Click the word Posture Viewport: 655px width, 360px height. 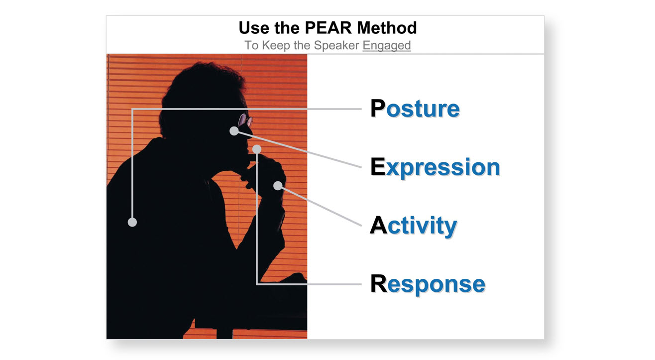click(x=415, y=109)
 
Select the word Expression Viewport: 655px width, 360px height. click(x=435, y=167)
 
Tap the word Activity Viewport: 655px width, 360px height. click(x=413, y=226)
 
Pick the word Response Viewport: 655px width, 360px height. click(x=428, y=284)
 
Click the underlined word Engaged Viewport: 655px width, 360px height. click(x=386, y=45)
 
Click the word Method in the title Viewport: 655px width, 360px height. click(x=387, y=27)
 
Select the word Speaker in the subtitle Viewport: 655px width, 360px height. click(x=336, y=45)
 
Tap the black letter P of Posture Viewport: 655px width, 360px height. click(x=378, y=109)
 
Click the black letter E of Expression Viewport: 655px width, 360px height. click(x=378, y=167)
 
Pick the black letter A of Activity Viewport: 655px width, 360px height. click(x=378, y=226)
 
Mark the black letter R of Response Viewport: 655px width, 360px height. click(x=379, y=284)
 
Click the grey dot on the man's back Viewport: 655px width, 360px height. click(x=132, y=222)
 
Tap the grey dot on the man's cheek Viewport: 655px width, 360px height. click(x=234, y=131)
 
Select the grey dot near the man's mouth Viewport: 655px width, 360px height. click(x=257, y=149)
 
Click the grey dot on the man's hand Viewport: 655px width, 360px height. click(x=278, y=186)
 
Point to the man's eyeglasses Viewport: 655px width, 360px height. click(x=245, y=120)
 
